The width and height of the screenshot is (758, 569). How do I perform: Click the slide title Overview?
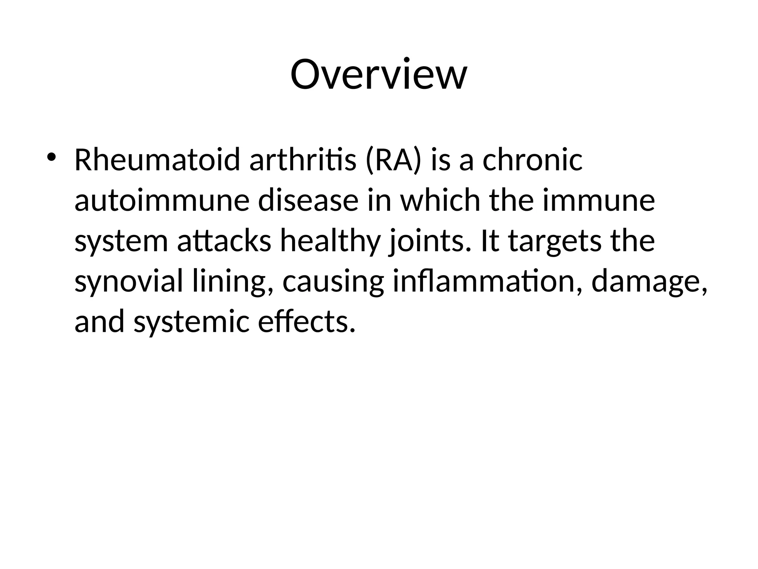click(x=379, y=74)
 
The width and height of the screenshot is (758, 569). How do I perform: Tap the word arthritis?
click(x=302, y=160)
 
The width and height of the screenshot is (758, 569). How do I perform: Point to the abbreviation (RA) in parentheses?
click(x=393, y=160)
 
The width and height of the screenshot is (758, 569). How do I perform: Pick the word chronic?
click(x=533, y=160)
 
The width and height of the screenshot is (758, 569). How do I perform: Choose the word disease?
click(x=308, y=200)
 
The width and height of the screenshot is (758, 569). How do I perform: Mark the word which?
click(x=440, y=200)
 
